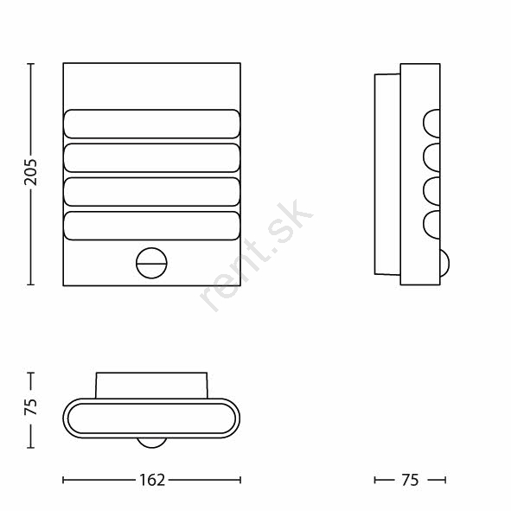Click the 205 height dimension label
(x=30, y=173)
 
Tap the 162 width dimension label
(x=152, y=480)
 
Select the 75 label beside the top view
(x=30, y=406)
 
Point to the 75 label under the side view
(x=410, y=480)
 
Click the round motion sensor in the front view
(x=151, y=263)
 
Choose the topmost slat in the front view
(x=152, y=124)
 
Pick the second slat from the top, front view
(x=152, y=157)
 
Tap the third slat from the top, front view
(x=152, y=192)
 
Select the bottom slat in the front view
(x=152, y=226)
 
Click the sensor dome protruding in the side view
(x=445, y=263)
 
